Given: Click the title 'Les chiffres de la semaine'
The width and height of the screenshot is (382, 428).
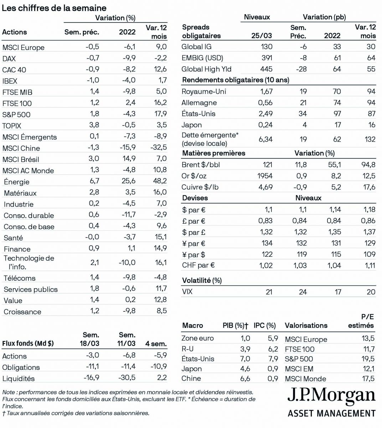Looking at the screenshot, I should (54, 7).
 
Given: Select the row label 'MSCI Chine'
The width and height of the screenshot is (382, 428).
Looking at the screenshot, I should (21, 148).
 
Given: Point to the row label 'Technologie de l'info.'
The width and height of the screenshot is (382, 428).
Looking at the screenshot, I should (29, 263).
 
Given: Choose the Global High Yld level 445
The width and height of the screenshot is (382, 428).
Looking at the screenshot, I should (266, 69).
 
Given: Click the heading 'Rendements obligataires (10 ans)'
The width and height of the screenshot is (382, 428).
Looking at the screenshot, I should (235, 80).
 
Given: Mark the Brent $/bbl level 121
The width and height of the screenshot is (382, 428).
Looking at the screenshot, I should (267, 165).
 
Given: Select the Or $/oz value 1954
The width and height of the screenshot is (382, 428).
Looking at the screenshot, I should (265, 176).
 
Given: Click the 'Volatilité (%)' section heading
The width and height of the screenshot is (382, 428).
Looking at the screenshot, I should (202, 280).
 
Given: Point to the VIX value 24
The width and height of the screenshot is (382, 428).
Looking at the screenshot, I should (303, 292).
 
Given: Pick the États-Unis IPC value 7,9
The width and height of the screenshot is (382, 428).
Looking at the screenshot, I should (273, 359).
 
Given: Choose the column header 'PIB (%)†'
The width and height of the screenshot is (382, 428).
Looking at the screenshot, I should (235, 325).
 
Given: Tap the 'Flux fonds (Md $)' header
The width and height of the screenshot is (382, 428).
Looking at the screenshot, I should (28, 343).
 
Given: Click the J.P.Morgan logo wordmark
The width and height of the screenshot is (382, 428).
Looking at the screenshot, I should (331, 396).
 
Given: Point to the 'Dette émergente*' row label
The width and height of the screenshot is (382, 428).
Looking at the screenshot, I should (210, 136).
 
